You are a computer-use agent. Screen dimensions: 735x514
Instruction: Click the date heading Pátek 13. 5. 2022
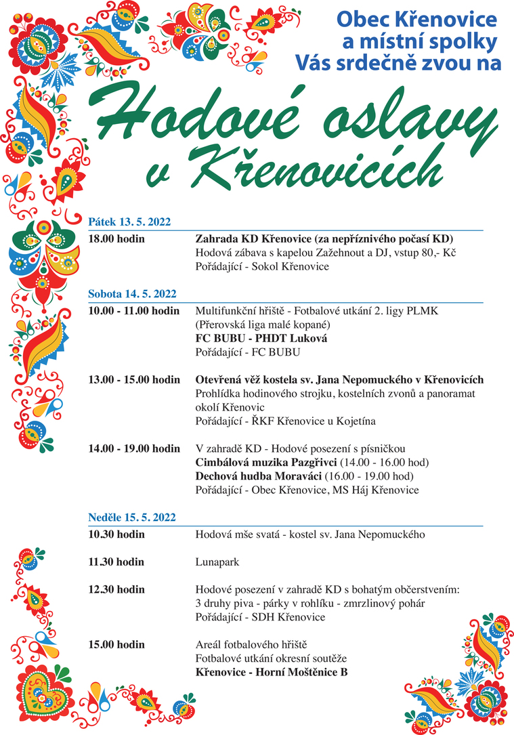(x=129, y=222)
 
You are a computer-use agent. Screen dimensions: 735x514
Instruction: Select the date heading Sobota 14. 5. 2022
(x=132, y=293)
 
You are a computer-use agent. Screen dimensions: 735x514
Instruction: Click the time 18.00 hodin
(x=116, y=239)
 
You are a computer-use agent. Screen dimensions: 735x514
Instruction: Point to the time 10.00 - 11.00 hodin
(x=134, y=311)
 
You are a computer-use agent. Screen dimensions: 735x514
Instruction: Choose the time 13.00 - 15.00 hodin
(x=134, y=379)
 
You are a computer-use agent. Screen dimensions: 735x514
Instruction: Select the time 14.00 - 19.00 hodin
(x=134, y=448)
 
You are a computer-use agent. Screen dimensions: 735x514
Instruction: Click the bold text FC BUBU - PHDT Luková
(x=261, y=338)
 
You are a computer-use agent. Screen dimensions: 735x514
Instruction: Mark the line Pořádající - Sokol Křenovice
(x=262, y=266)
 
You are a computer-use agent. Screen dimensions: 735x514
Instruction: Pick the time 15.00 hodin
(x=116, y=644)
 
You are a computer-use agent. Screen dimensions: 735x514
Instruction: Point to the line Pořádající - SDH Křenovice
(x=260, y=617)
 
